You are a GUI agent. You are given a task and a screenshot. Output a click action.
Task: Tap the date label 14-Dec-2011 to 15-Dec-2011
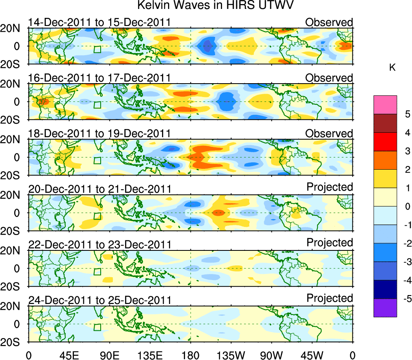point(99,22)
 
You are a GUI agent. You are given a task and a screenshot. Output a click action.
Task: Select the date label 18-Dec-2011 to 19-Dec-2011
point(99,134)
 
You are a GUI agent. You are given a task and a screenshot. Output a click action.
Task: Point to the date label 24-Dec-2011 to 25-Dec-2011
point(99,300)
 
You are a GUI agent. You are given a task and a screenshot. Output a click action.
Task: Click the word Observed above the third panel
point(329,133)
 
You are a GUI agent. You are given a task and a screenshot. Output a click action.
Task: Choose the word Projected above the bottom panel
point(330,298)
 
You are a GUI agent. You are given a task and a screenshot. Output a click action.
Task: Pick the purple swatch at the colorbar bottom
point(384,308)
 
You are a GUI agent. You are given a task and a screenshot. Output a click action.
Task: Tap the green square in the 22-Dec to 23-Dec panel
point(97,272)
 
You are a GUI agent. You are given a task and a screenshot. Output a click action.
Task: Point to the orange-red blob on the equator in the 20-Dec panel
point(218,212)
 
